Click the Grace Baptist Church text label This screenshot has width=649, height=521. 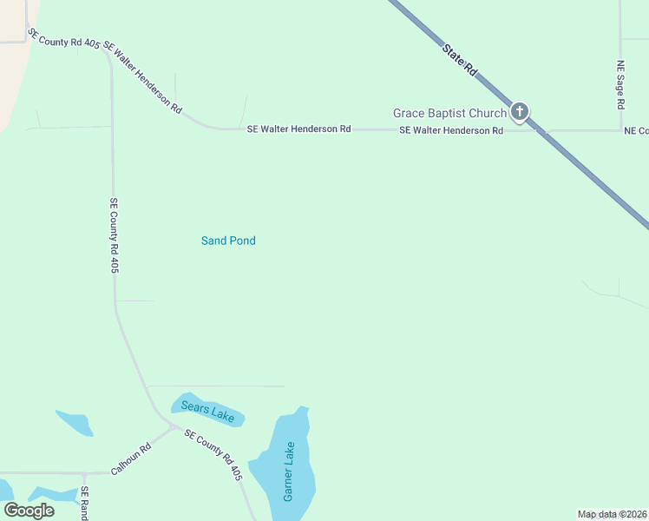point(449,113)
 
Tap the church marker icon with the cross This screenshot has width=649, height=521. point(520,111)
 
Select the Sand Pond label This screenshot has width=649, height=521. point(228,241)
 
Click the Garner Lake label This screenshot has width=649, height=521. point(290,472)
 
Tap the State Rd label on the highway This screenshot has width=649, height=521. point(460,60)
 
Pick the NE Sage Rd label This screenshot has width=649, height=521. point(620,84)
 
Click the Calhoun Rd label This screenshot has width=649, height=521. point(131,458)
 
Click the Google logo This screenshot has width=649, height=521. point(29,510)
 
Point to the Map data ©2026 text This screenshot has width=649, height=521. point(612,514)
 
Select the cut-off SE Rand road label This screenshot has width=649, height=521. point(85,503)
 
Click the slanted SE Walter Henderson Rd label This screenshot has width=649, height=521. point(142,77)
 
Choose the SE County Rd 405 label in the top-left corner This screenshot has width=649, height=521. point(63,37)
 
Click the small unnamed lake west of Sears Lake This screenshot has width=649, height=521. point(75,423)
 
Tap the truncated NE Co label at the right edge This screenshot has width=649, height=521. point(636,130)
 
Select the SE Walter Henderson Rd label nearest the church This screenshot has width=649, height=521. point(451,130)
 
